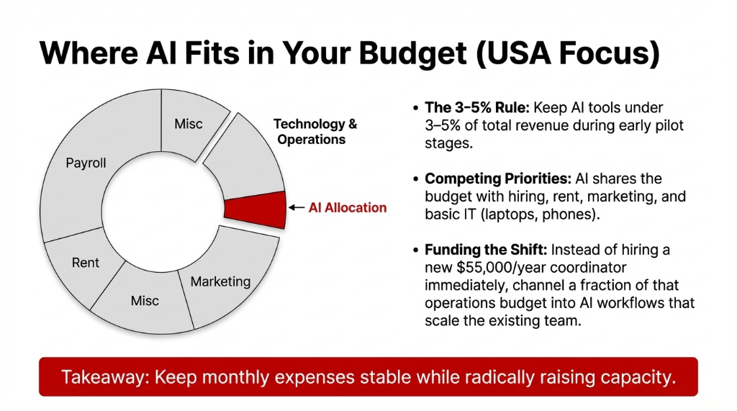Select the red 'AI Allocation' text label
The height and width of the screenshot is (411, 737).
pos(348,208)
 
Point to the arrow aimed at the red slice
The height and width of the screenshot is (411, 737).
pos(297,208)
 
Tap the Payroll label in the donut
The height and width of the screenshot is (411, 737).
pos(86,163)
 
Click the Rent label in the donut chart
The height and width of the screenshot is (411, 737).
pos(85,263)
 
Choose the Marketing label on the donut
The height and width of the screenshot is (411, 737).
pos(220,281)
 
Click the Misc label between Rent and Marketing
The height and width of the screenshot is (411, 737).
pos(145,300)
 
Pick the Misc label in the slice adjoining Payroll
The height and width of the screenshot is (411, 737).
pos(189,125)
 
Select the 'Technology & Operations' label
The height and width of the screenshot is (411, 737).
pos(315,132)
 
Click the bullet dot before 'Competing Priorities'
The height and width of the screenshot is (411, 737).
pos(416,179)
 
